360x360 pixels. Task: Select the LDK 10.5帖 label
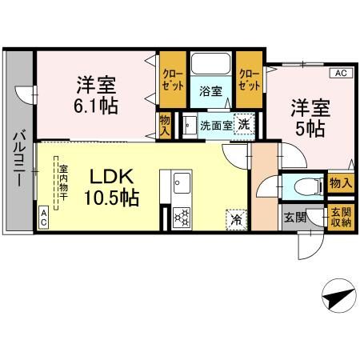pos(112,186)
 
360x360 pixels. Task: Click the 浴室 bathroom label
pos(210,92)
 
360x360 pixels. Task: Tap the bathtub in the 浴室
pos(210,66)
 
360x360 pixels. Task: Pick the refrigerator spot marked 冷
pos(237,216)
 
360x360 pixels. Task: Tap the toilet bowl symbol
pos(305,186)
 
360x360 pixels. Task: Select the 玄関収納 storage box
pos(341,217)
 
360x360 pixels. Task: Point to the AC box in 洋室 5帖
pos(340,74)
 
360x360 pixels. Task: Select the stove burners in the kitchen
pos(181,216)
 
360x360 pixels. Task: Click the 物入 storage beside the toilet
pos(340,183)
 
